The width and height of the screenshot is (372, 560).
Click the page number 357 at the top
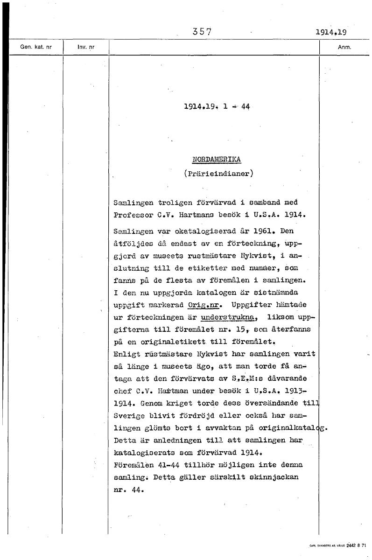(x=202, y=32)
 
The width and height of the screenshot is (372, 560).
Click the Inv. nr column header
(x=86, y=47)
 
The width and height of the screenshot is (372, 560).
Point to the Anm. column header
(x=344, y=47)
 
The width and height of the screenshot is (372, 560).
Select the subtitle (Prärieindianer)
(x=218, y=174)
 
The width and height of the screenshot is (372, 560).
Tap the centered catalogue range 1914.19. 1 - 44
(x=217, y=106)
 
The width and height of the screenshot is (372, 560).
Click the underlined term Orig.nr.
(x=204, y=305)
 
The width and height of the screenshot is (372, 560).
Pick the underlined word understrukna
(x=229, y=318)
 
